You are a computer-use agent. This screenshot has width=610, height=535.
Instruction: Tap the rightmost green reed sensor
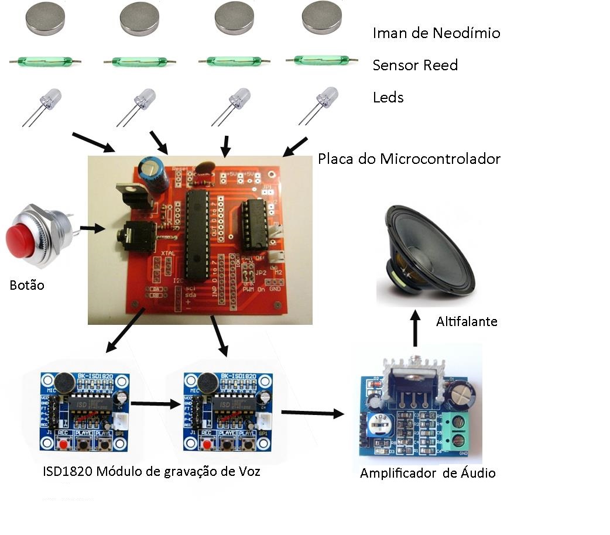coord(321,59)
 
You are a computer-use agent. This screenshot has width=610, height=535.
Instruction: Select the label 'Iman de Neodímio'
coord(436,33)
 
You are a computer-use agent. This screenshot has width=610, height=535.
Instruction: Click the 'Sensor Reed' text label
coord(415,65)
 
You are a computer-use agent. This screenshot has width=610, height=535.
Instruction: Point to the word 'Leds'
coord(388,97)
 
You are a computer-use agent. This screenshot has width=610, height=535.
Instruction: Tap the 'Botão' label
coord(27,286)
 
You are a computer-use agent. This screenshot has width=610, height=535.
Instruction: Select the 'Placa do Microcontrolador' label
coord(409,159)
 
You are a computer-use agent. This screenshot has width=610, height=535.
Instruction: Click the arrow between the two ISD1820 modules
coord(154,403)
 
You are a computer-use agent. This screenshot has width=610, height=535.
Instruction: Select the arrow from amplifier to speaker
coord(415,331)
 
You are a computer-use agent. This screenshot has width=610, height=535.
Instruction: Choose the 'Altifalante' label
coord(467,321)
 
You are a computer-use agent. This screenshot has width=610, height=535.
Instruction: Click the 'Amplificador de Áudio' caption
coord(427,473)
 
